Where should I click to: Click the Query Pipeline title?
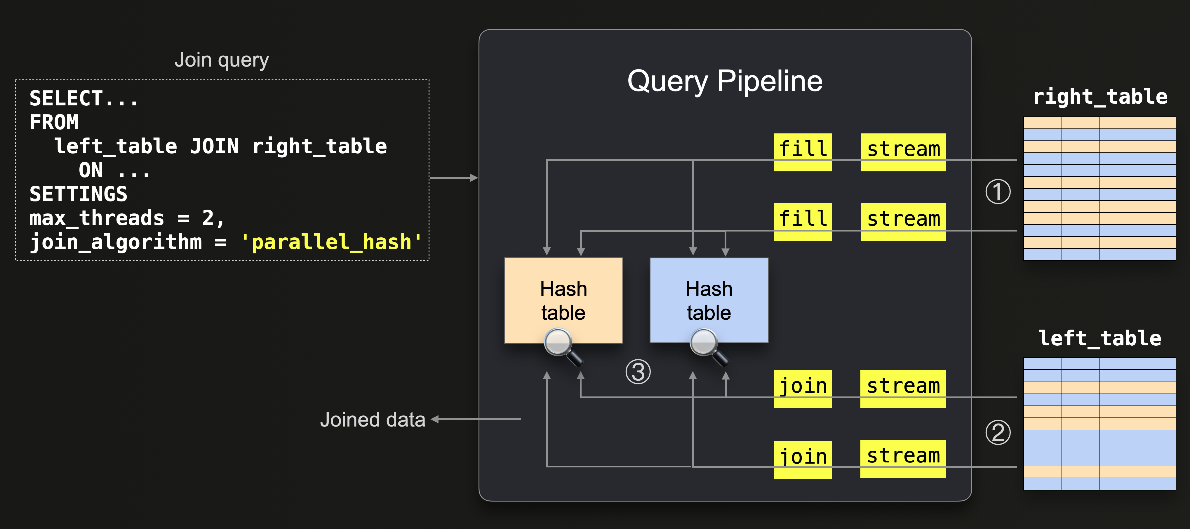click(724, 82)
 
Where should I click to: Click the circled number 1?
click(998, 192)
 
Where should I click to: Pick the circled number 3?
click(638, 372)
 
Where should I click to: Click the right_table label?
click(1099, 97)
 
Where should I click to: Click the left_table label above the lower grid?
click(1099, 338)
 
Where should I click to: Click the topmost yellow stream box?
click(903, 152)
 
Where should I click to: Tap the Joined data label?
click(372, 420)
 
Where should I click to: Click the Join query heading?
click(222, 60)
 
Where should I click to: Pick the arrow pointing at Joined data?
click(476, 419)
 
